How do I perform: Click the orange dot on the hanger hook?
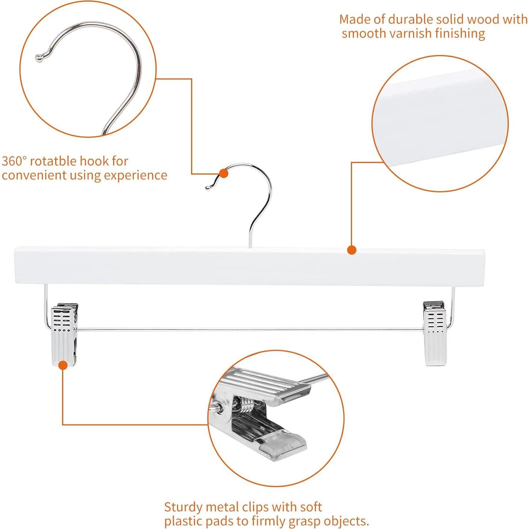[x=223, y=173]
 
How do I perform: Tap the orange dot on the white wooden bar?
[x=351, y=250]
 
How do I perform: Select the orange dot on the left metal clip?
[x=63, y=365]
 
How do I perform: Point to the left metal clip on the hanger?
[x=65, y=332]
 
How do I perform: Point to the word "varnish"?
[x=410, y=34]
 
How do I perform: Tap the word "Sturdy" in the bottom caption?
[x=183, y=507]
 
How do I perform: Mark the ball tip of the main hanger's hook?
[x=208, y=188]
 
